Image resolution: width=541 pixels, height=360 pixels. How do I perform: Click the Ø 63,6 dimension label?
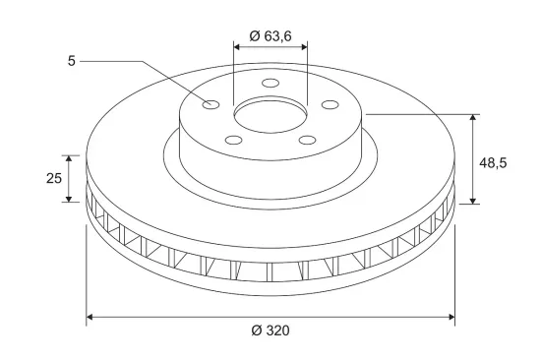point(270,35)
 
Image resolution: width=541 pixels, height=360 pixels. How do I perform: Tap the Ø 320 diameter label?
point(270,330)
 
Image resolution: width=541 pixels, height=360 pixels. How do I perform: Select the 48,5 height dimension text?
point(493,163)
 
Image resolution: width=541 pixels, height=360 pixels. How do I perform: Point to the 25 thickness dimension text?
point(54,178)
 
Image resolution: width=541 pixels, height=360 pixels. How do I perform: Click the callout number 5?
point(72,61)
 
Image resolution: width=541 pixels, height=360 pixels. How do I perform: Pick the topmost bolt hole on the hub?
point(270,84)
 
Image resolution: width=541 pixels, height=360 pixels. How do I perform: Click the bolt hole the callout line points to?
point(210,104)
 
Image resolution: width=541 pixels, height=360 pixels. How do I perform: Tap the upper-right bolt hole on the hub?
point(330,104)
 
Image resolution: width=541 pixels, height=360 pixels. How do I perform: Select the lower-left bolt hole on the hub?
point(233,140)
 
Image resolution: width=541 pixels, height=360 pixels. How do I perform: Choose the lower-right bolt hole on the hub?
point(308,140)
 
